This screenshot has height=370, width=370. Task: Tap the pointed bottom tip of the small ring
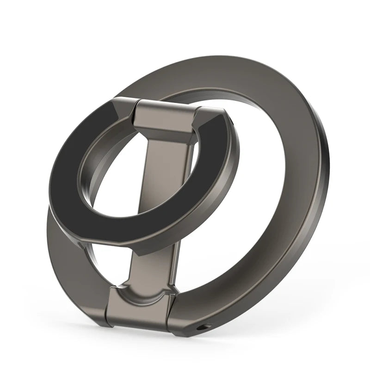point(139,252)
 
